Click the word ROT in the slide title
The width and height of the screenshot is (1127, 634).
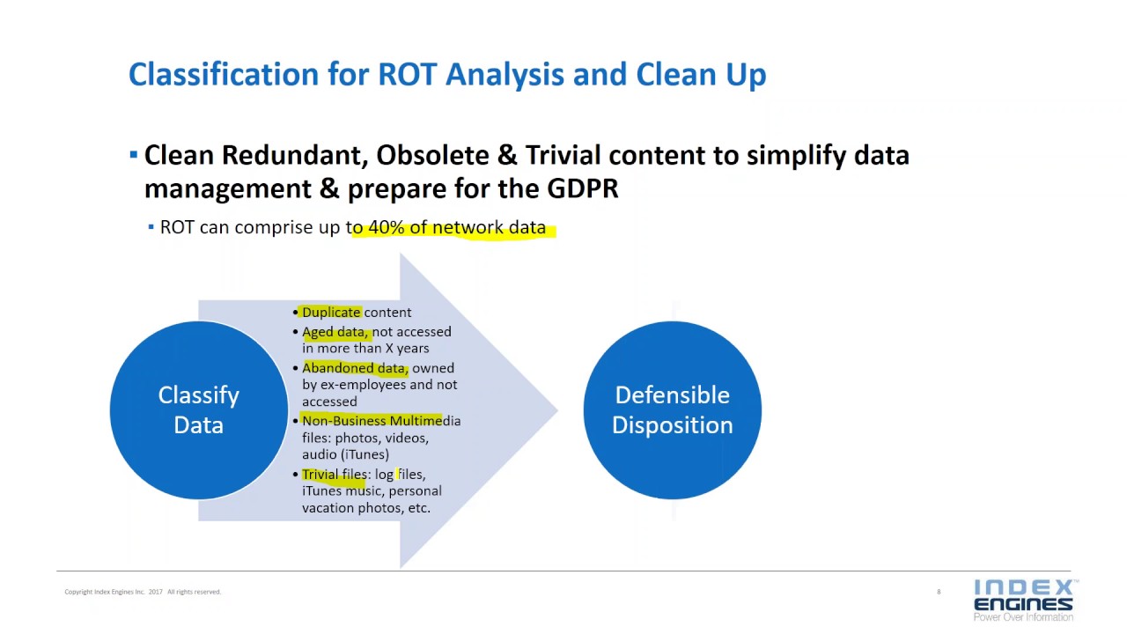coord(409,75)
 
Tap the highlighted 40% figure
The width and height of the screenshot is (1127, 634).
coord(386,227)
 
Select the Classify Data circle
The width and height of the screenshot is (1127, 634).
coord(198,410)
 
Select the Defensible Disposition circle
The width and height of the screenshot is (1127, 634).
coord(672,410)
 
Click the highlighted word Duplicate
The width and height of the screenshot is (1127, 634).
coord(331,313)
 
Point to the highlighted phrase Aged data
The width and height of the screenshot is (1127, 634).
coord(335,332)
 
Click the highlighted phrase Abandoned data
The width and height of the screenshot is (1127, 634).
coord(354,368)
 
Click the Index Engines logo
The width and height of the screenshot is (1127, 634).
coord(1023,599)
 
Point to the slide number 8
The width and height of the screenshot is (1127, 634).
coord(939,592)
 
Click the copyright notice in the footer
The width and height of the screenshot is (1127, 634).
coord(143,592)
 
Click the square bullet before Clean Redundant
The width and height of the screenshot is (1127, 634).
coord(134,156)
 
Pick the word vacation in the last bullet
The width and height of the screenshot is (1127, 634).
coord(328,508)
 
